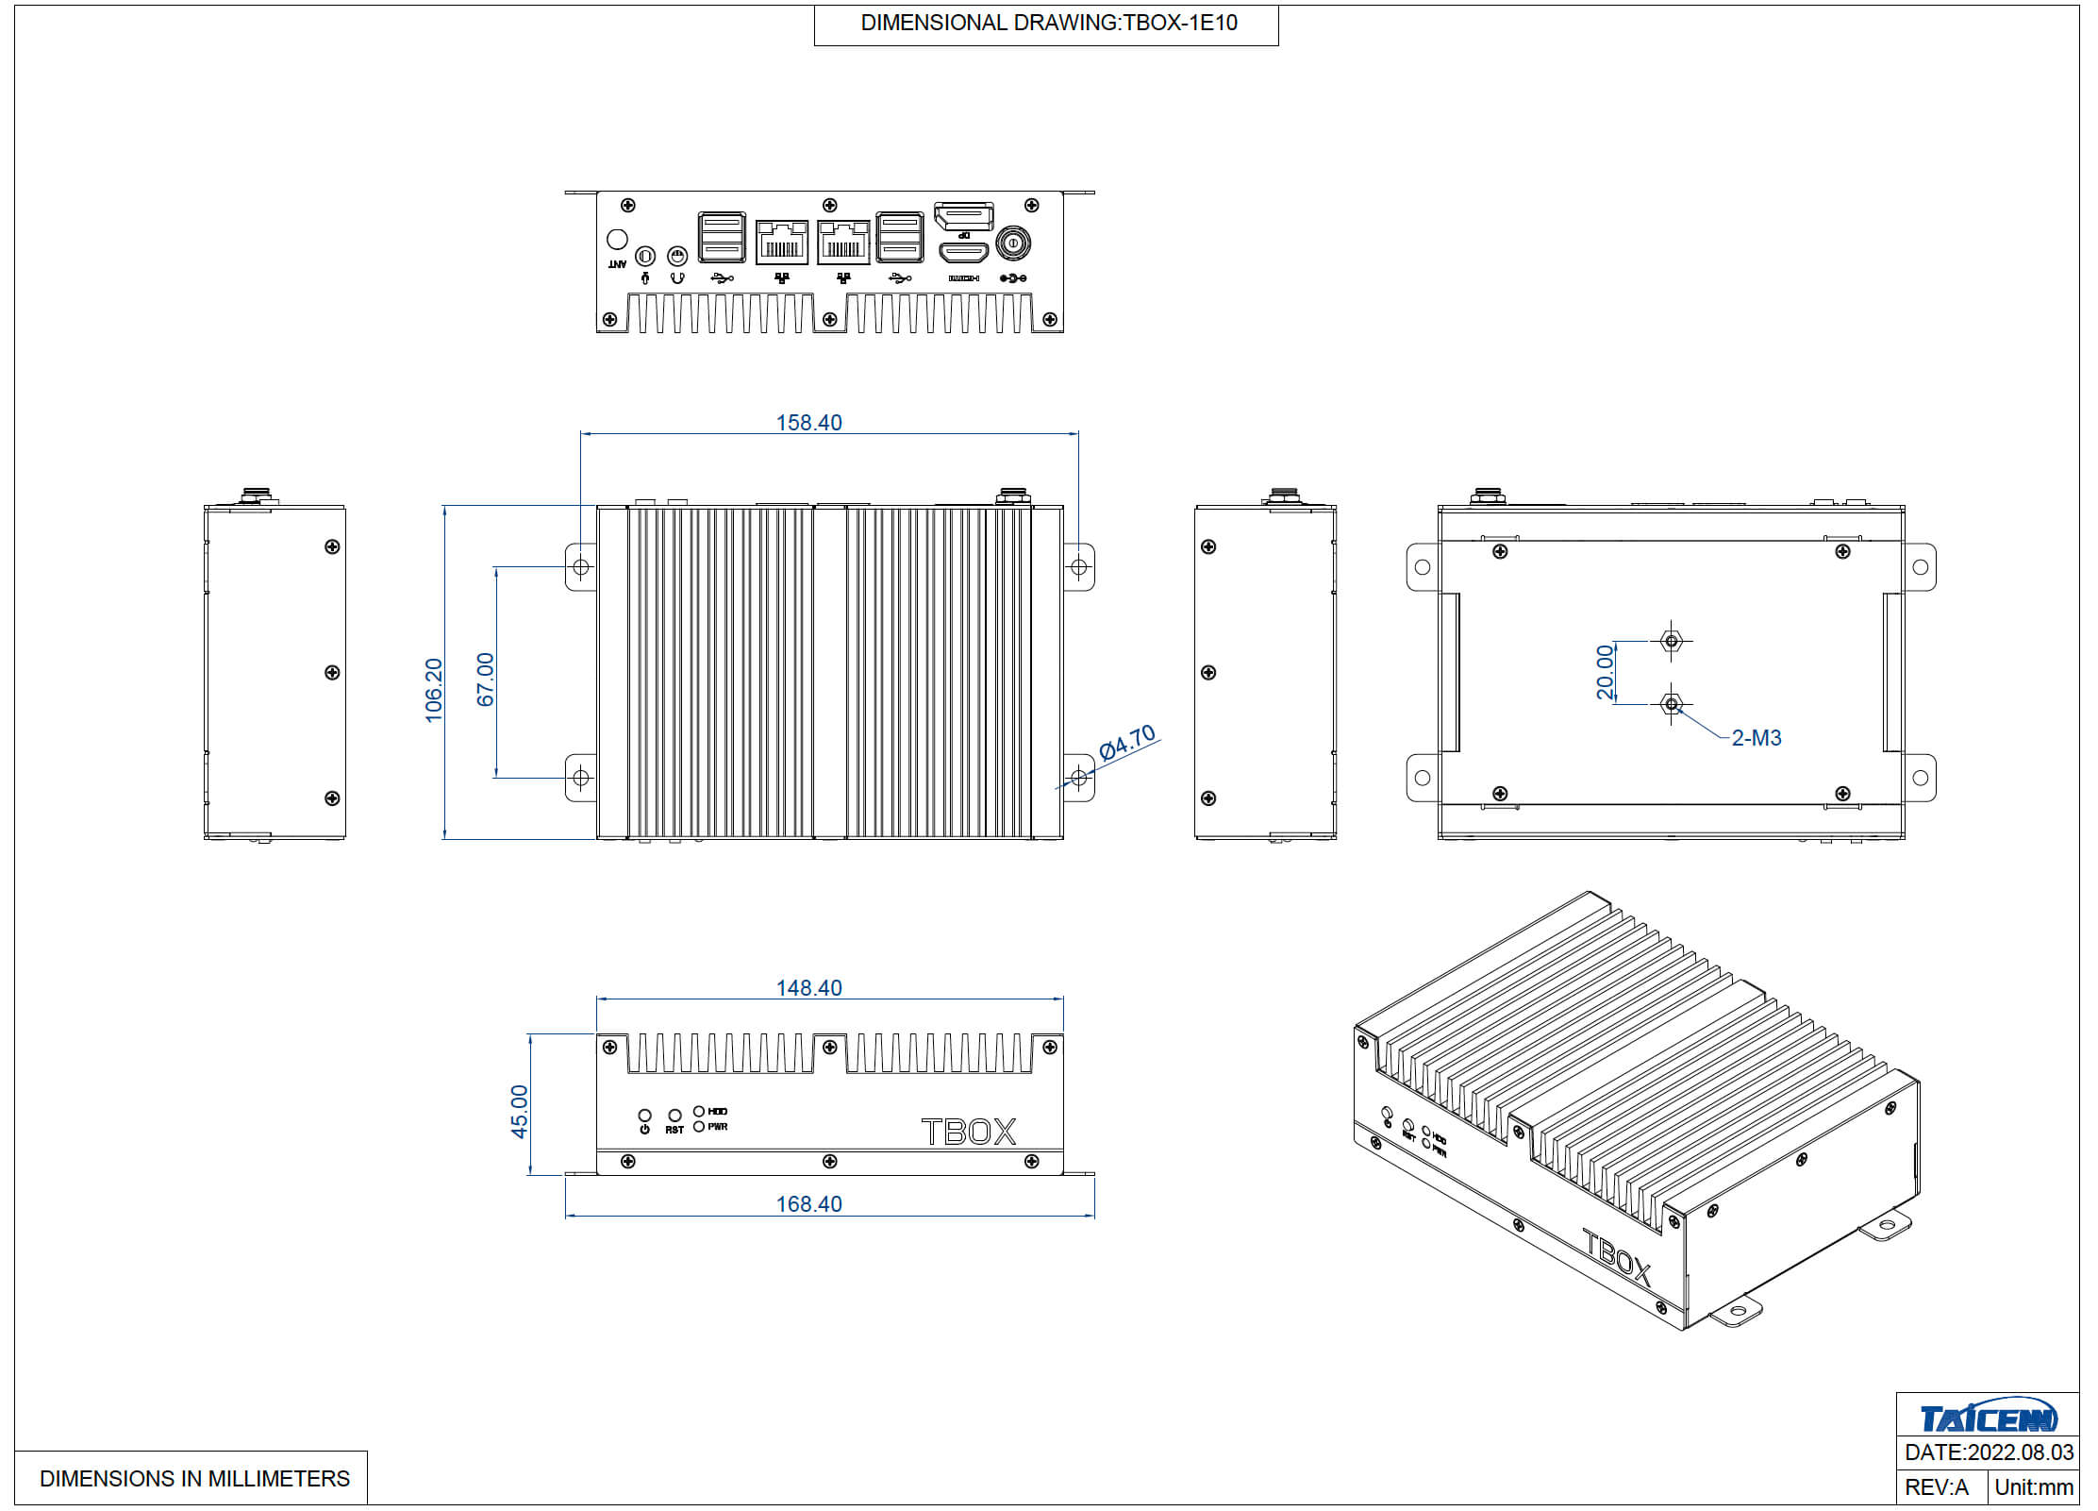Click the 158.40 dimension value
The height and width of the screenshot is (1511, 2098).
[x=808, y=423]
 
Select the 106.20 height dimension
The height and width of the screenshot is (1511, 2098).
[x=434, y=690]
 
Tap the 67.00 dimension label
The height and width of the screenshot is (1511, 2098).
[x=486, y=679]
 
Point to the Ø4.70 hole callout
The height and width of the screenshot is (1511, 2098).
[x=1127, y=742]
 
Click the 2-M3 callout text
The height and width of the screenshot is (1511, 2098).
[x=1756, y=738]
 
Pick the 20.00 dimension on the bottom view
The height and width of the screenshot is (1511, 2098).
[x=1605, y=672]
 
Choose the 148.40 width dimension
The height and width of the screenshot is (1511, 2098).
[x=808, y=988]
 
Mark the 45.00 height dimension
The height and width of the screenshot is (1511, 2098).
[x=520, y=1111]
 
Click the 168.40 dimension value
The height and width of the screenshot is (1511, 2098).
[x=808, y=1204]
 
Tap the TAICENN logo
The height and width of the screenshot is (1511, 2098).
[x=1988, y=1418]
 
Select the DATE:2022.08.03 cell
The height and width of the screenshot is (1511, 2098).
[x=1989, y=1452]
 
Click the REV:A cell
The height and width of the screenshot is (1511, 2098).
[x=1936, y=1487]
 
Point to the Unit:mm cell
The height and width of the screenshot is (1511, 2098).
[x=2034, y=1487]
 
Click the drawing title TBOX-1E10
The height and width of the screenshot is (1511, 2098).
[x=1048, y=24]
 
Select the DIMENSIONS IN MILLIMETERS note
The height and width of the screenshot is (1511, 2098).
[x=194, y=1479]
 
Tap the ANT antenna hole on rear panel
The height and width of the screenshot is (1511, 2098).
[x=617, y=240]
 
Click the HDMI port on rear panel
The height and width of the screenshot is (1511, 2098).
[x=963, y=253]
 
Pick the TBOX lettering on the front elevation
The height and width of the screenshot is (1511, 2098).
[x=969, y=1132]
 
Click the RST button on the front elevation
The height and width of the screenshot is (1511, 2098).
[x=674, y=1116]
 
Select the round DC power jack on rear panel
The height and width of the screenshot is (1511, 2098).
[x=1013, y=243]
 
